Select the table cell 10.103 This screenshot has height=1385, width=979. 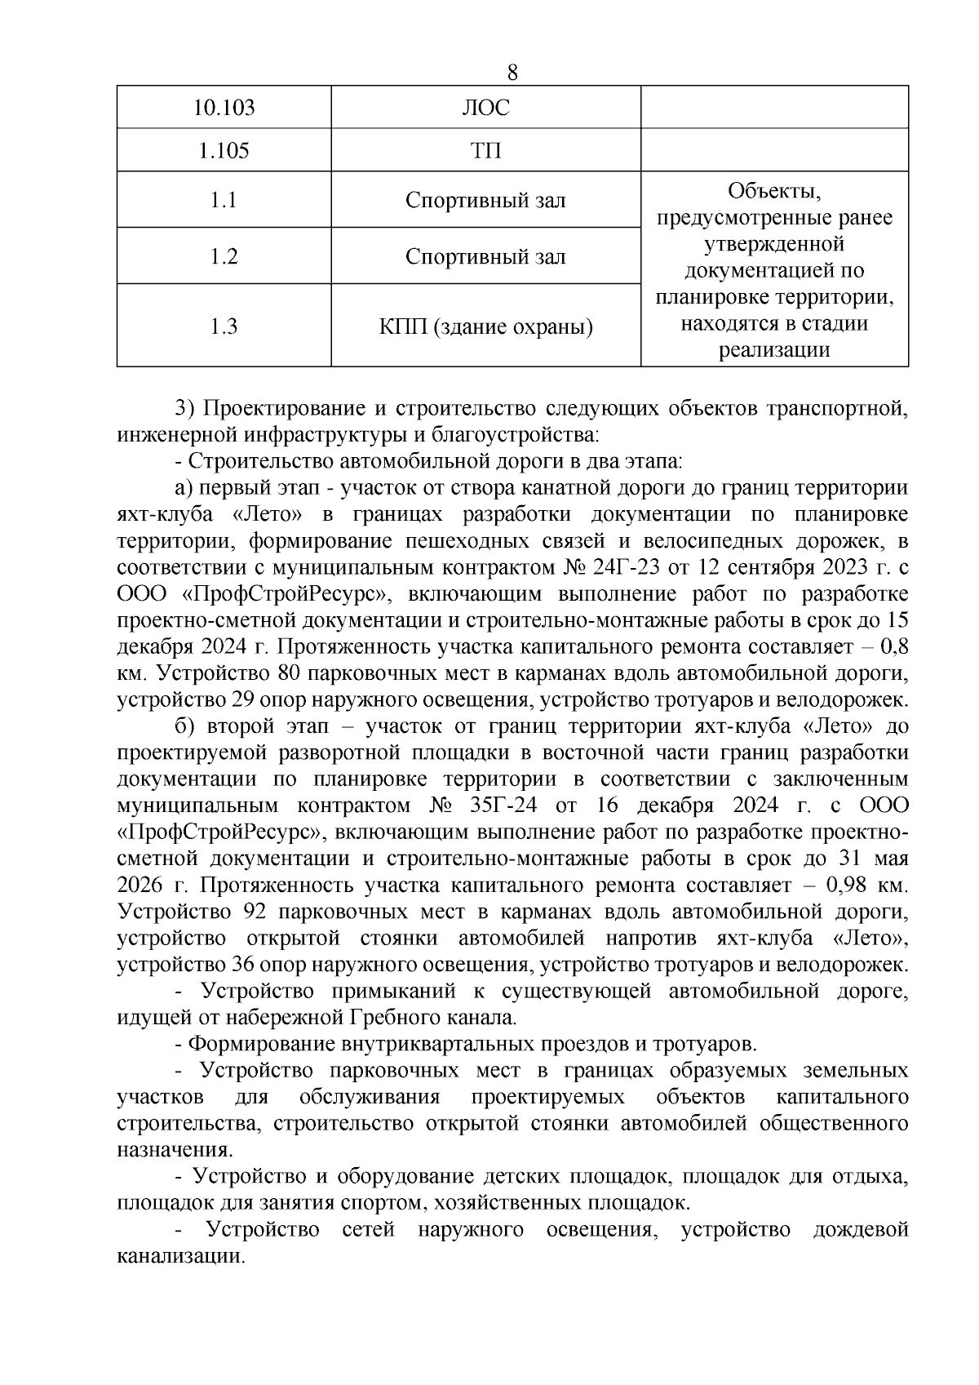224,108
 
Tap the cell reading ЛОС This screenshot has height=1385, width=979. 485,108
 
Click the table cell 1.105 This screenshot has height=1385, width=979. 224,151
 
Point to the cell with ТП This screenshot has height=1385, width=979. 485,151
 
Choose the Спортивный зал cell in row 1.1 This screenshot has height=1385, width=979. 485,200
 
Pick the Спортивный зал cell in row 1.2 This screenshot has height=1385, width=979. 485,256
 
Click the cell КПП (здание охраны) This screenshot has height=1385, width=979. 485,326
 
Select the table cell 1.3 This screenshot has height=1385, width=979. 224,326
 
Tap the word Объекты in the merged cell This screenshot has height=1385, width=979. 773,192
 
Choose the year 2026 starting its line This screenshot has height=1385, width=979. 140,886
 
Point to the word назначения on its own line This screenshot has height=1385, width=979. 174,1151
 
